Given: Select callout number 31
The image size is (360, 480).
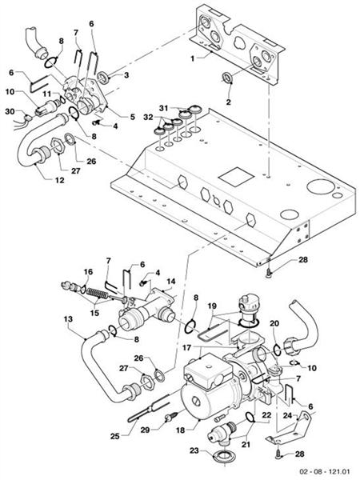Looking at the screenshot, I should tap(163, 109).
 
